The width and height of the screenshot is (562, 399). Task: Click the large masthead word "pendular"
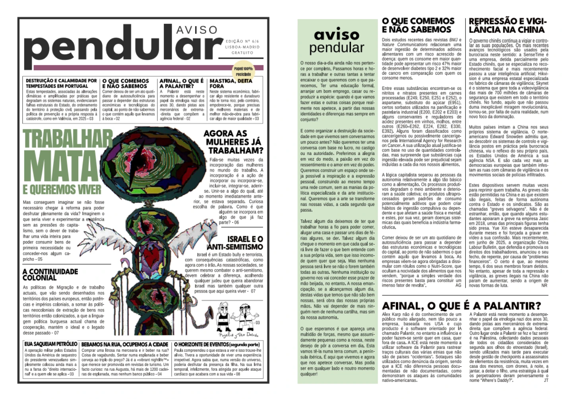pyautogui.click(x=123, y=48)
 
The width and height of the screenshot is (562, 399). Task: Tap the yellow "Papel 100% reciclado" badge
pyautogui.click(x=243, y=71)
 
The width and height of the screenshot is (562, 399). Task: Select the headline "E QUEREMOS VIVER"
pyautogui.click(x=62, y=190)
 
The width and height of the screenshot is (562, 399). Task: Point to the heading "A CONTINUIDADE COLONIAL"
pyautogui.click(x=50, y=274)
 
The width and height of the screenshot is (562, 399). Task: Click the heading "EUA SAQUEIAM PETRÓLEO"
pyautogui.click(x=51, y=344)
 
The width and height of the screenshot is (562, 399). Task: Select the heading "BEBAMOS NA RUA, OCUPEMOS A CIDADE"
pyautogui.click(x=125, y=344)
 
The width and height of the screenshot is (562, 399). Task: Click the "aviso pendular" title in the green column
pyautogui.click(x=337, y=41)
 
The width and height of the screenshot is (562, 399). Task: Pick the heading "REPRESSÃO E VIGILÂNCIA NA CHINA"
pyautogui.click(x=508, y=25)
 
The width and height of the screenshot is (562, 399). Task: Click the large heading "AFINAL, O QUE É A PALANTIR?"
pyautogui.click(x=461, y=306)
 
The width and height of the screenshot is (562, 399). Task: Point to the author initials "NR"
pyautogui.click(x=544, y=285)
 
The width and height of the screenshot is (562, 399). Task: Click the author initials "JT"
pyautogui.click(x=546, y=380)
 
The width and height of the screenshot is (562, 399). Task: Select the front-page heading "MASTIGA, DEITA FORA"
pyautogui.click(x=231, y=83)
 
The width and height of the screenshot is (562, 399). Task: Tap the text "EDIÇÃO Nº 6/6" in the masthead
pyautogui.click(x=242, y=41)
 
